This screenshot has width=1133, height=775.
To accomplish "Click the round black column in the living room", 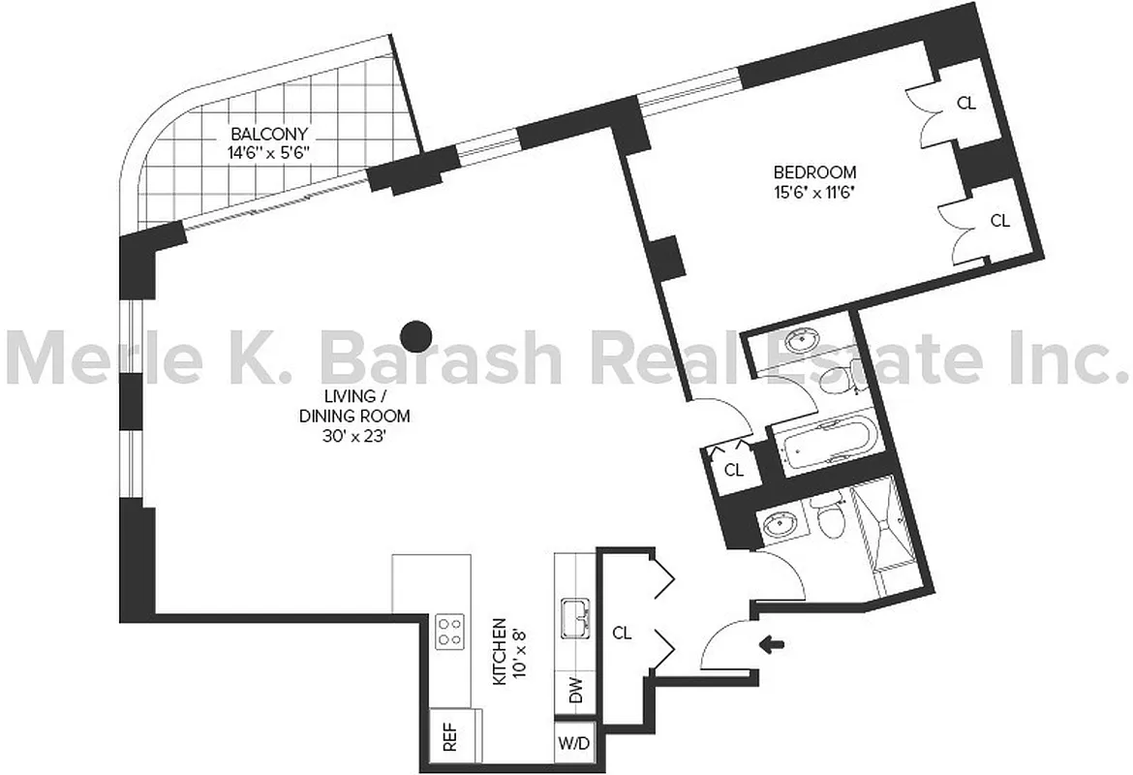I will [x=416, y=336].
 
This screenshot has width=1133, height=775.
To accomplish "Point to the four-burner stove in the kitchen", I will [x=449, y=632].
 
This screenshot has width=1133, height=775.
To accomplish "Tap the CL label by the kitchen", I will [x=623, y=634].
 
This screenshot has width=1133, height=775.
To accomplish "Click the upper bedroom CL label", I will [x=965, y=104].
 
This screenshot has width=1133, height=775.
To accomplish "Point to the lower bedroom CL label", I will [x=999, y=221].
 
